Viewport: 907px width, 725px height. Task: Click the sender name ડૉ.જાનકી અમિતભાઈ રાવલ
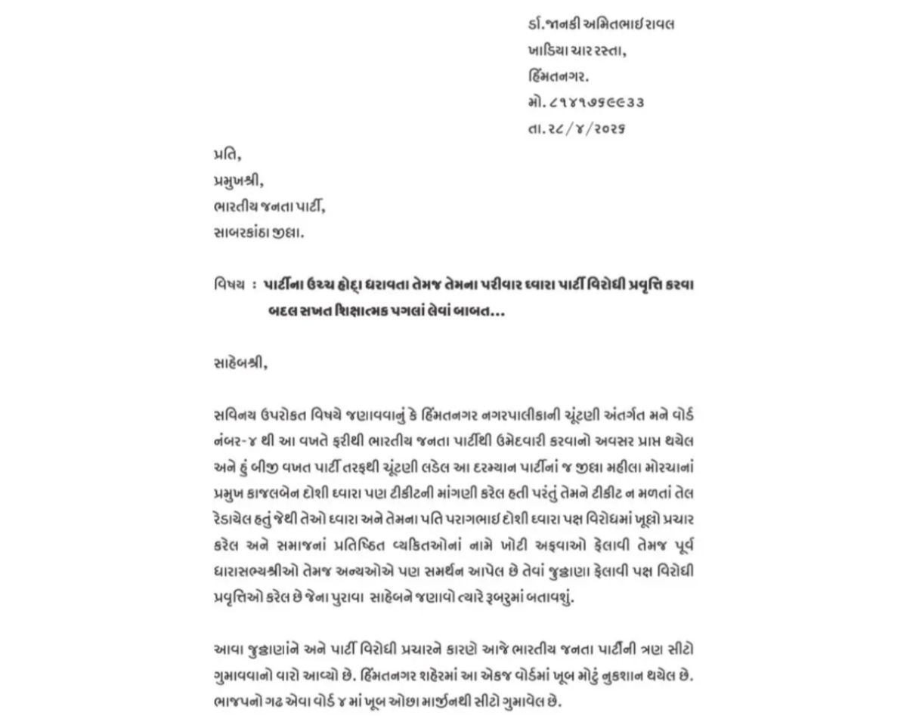point(602,24)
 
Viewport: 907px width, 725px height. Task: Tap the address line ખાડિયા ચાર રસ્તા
point(579,51)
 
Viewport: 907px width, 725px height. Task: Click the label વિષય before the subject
point(229,285)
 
